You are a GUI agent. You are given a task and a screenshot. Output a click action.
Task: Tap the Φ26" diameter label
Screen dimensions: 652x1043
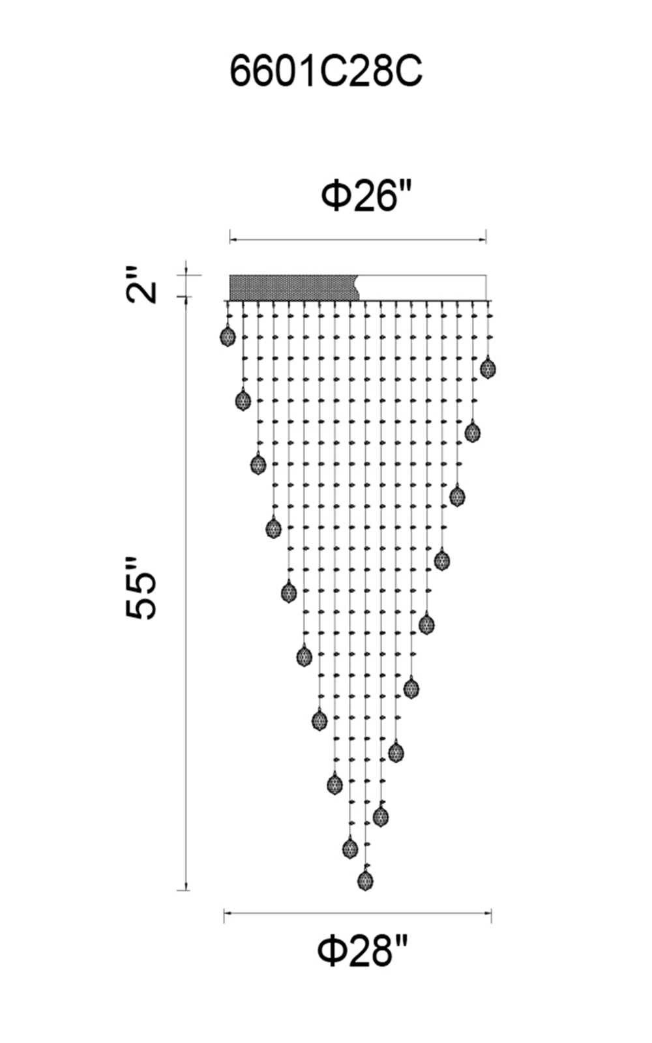tap(367, 196)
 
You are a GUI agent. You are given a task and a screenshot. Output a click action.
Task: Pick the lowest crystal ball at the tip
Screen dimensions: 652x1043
tap(366, 880)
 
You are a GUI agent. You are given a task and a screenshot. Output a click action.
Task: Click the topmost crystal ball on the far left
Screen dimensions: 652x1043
tap(228, 336)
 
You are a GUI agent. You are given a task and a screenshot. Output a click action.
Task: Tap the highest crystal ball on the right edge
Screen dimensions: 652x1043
tap(488, 368)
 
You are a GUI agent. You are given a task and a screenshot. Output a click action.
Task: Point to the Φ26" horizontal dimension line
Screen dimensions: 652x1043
tap(358, 241)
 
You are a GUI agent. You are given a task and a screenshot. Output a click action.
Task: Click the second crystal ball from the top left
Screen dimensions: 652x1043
tap(243, 400)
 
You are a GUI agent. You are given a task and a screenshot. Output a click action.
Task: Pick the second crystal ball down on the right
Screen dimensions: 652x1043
tap(473, 432)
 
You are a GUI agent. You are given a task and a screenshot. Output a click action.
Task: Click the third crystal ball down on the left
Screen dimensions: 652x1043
tap(258, 463)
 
